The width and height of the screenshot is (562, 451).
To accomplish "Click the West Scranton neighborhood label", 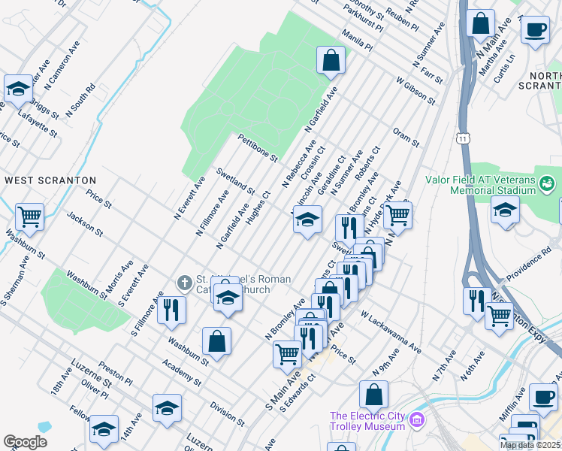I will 50,180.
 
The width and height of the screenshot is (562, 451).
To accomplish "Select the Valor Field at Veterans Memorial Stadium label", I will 479,185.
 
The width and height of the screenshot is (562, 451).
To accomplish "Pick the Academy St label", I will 186,372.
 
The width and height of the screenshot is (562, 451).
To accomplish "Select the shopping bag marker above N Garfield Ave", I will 331,59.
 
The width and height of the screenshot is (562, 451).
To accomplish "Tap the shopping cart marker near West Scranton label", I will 29,217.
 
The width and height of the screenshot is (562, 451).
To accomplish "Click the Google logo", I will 25,442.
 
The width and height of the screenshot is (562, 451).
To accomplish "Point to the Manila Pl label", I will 356,40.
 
